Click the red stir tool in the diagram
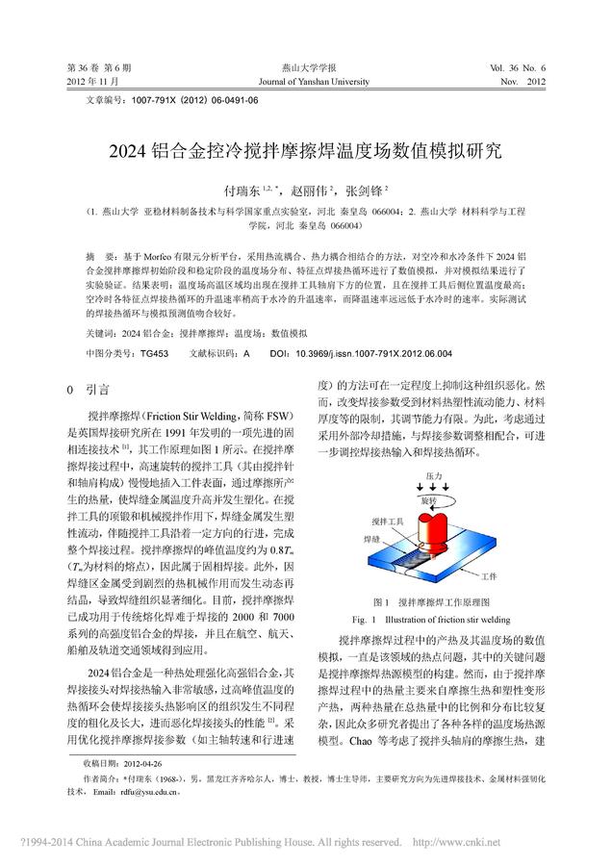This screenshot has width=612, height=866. pos(431,524)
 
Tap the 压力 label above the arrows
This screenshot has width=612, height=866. pos(433,477)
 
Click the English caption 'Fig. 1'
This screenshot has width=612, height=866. pos(366,617)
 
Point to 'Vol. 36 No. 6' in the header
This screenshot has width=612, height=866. pos(517,68)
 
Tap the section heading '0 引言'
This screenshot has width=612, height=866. pos(86,391)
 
